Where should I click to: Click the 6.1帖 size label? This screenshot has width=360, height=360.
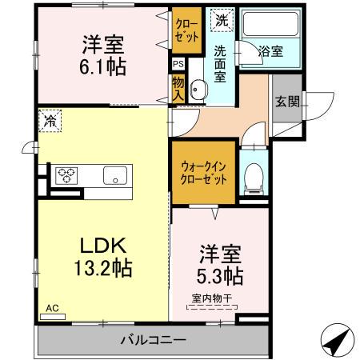[102, 66]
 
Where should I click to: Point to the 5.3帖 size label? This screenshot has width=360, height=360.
[221, 276]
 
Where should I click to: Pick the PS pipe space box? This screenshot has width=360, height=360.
[178, 64]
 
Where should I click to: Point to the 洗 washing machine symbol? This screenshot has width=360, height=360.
[218, 19]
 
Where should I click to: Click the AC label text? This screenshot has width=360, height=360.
[53, 308]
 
